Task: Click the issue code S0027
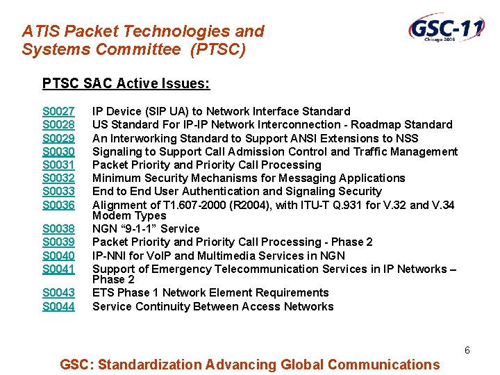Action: [x=58, y=111]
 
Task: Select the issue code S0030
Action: [x=58, y=151]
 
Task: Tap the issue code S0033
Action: [x=58, y=192]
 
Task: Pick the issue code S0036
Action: [x=58, y=205]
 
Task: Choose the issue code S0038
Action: [x=58, y=228]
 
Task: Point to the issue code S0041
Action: [x=58, y=269]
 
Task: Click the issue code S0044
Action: [x=58, y=306]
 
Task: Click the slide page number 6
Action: [x=467, y=351]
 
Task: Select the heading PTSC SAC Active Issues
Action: [x=126, y=84]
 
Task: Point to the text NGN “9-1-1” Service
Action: [x=146, y=228]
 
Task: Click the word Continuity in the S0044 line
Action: [x=158, y=306]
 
